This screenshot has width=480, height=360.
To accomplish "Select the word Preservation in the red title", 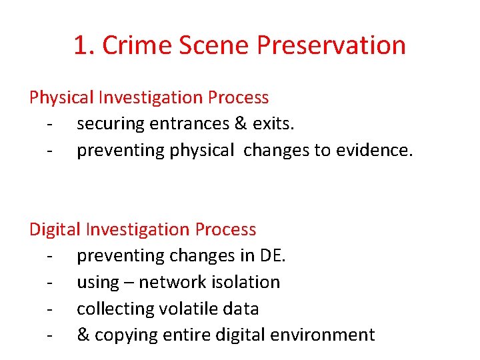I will [331, 45].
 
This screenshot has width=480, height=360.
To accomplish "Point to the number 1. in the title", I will [84, 45].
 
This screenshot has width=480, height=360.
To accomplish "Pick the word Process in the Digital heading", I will [225, 229].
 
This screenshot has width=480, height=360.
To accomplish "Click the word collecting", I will [116, 309].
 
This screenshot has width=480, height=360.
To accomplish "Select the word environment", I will [325, 335].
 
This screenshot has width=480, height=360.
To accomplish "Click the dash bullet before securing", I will [49, 125].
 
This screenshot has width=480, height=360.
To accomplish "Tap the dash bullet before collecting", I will [49, 309].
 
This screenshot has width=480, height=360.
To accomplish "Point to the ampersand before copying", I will [83, 335].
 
